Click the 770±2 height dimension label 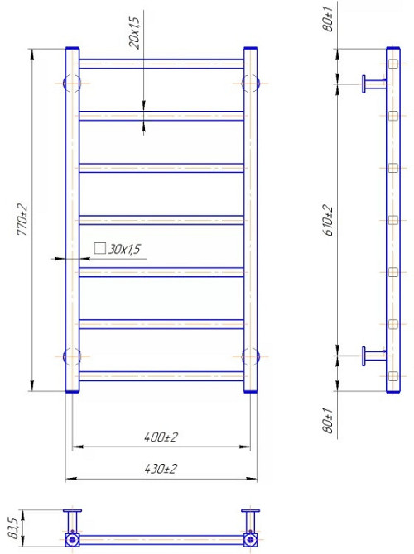(24, 221)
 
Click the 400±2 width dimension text (161, 437)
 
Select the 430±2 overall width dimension (161, 468)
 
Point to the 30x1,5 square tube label (125, 248)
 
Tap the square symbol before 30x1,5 (99, 248)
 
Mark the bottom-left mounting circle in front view (71, 356)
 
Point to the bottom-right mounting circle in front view (251, 356)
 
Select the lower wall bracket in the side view (372, 356)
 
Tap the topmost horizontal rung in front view (161, 62)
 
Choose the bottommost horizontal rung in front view (161, 375)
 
